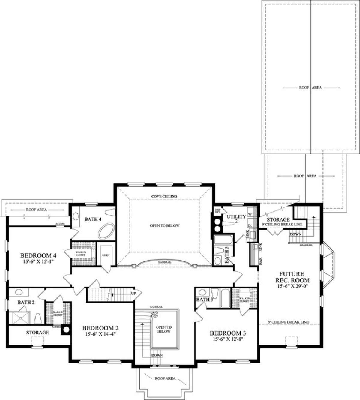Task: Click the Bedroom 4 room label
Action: coord(38,256)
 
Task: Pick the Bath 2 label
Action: coord(26,302)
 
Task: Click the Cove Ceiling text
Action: coord(164,196)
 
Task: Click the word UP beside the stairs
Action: coord(133,293)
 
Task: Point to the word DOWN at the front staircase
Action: coord(157,355)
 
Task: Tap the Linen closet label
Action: coord(106,255)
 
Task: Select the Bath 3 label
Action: coord(205,300)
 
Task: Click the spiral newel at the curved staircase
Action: coord(155,315)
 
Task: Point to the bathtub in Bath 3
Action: coord(225,298)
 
